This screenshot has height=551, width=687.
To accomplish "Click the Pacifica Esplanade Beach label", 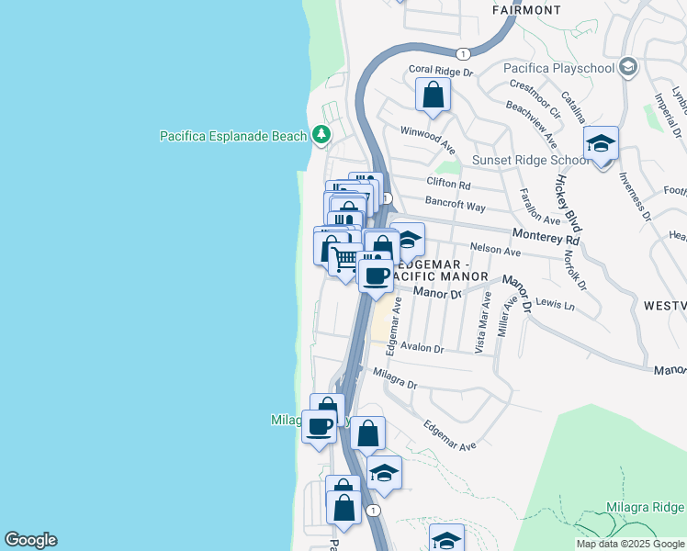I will [232, 136].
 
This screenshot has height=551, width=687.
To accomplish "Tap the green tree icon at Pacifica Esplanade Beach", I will [321, 136].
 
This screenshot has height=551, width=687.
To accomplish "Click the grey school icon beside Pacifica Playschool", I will [628, 66].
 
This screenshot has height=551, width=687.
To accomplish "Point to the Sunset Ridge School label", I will [530, 160].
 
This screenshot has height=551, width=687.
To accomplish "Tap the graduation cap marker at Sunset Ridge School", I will [602, 143].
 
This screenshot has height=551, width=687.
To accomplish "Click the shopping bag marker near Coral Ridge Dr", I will [434, 94].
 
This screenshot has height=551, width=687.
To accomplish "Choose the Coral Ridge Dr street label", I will [440, 70].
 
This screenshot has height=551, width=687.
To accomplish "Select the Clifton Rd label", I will [447, 182].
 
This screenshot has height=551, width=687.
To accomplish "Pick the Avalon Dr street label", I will [421, 349].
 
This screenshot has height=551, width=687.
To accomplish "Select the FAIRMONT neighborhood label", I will [526, 10].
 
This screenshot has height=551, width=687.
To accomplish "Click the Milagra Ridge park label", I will [645, 507].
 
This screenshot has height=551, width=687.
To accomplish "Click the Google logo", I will [30, 540].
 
